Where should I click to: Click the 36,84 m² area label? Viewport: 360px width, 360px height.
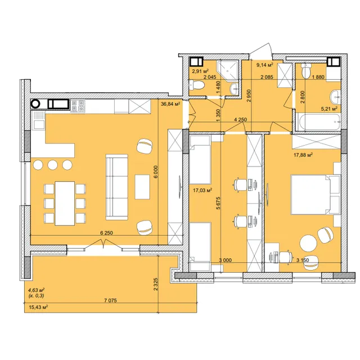click(x=170, y=104)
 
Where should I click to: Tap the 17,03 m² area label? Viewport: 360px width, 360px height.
click(x=202, y=190)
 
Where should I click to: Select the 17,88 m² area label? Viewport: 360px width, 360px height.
click(x=303, y=155)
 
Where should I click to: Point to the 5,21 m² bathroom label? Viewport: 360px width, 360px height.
click(x=329, y=109)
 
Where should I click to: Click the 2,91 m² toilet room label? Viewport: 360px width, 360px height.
click(x=200, y=71)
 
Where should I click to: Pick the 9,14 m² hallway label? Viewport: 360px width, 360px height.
click(x=264, y=65)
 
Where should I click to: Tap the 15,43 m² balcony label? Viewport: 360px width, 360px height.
click(x=38, y=307)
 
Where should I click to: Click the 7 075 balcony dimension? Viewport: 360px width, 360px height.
click(x=110, y=300)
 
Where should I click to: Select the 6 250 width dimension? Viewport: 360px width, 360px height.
click(x=106, y=233)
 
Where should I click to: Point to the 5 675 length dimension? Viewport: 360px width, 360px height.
click(x=218, y=203)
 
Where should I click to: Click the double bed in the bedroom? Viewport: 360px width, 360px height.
click(x=315, y=195)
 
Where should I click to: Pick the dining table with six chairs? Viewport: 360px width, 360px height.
click(x=65, y=204)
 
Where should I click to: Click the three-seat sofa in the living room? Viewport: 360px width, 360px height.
click(x=116, y=187)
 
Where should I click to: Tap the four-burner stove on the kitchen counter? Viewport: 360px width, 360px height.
click(x=78, y=106)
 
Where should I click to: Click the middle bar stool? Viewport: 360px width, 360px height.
click(x=52, y=165)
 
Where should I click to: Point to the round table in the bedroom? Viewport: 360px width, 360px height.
click(x=308, y=243)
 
